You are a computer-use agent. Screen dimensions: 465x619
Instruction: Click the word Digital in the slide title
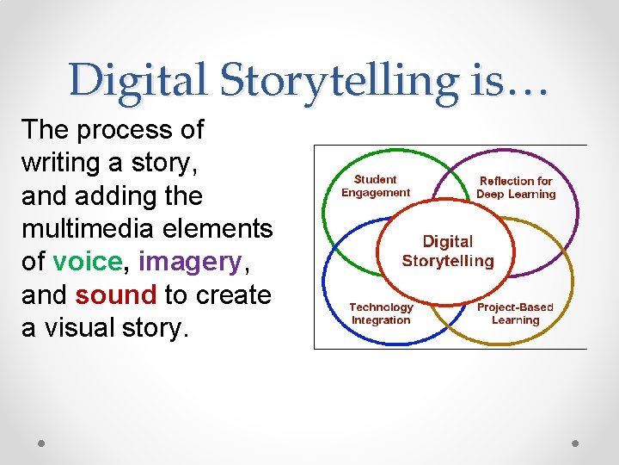point(137,82)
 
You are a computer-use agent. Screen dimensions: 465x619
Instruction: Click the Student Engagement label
point(376,186)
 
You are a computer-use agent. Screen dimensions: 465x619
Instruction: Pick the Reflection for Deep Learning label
point(516,188)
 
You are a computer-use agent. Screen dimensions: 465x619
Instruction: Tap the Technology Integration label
point(381,313)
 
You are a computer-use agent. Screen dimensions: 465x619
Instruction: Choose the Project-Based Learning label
point(515,313)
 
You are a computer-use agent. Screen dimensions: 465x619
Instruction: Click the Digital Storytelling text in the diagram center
point(448,251)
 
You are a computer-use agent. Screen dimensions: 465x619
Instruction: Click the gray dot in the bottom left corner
point(42,443)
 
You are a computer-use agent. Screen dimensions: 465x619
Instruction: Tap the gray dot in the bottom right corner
point(576,443)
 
